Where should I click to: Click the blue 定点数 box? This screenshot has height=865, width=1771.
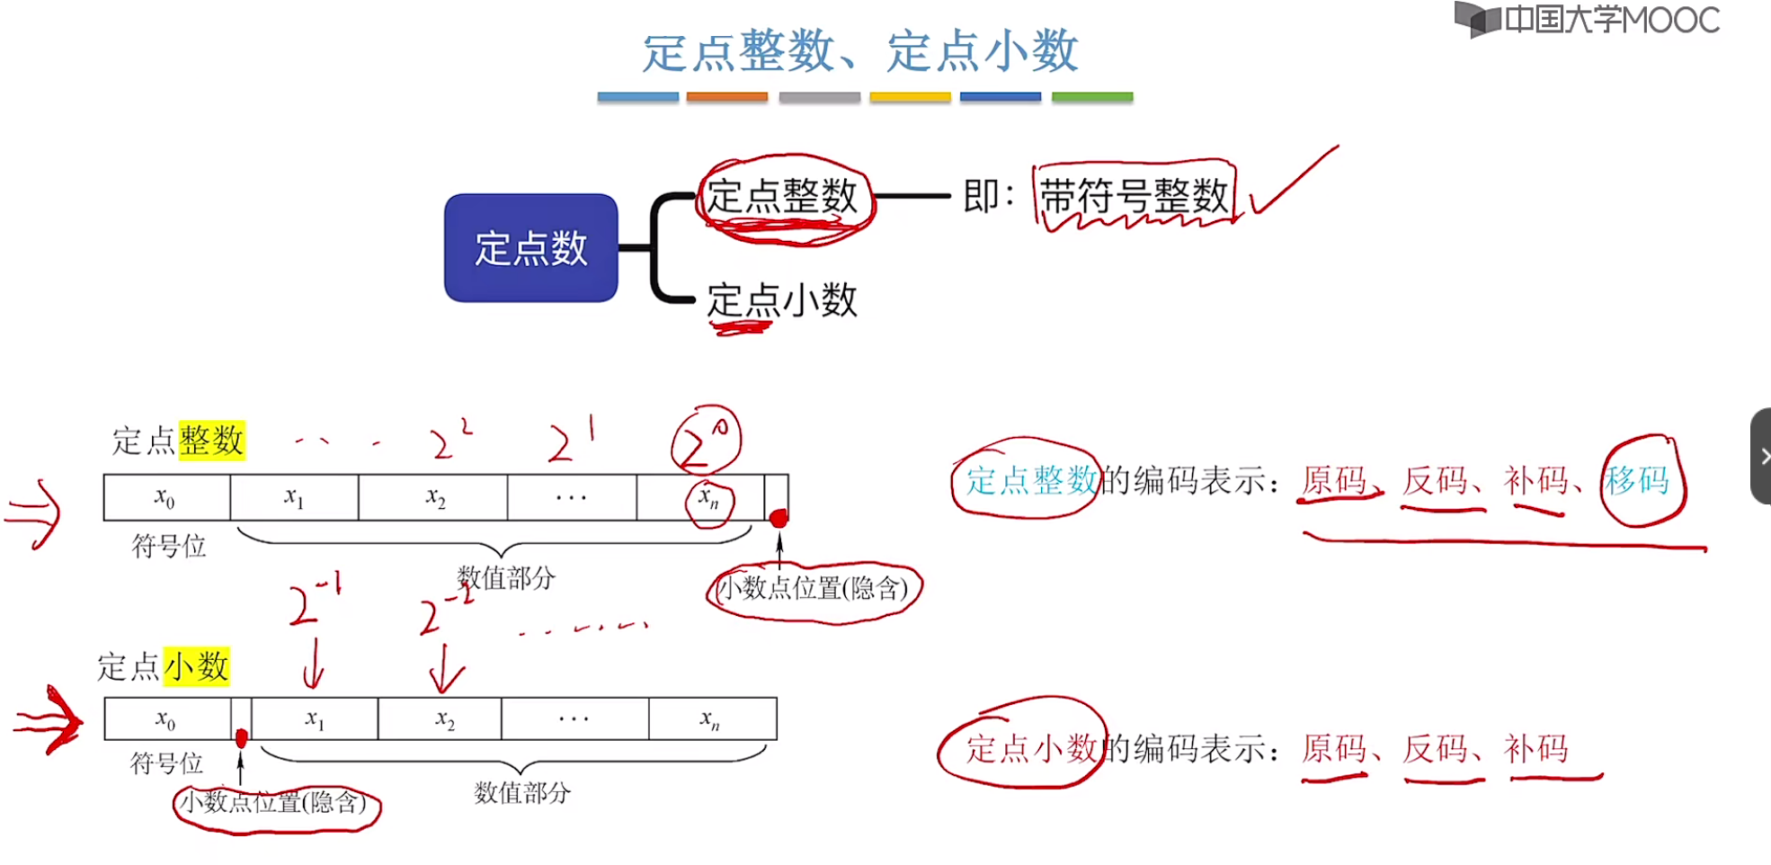click(x=530, y=248)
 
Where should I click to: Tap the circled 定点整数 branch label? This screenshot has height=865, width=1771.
click(x=782, y=197)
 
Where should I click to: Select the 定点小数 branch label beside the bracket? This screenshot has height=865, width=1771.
click(x=782, y=300)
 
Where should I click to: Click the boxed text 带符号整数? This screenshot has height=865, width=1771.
click(x=1135, y=196)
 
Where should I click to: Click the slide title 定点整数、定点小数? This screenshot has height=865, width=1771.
click(x=860, y=51)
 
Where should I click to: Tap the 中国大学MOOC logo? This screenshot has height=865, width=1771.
click(x=1587, y=20)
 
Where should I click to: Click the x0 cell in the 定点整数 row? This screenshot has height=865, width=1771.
click(x=166, y=497)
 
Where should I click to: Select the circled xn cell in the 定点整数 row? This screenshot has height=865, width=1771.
click(x=709, y=498)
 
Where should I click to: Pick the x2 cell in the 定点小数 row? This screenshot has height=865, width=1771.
click(x=445, y=719)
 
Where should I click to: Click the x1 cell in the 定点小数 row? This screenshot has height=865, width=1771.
click(x=314, y=719)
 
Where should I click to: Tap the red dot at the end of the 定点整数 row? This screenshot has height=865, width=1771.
click(x=779, y=518)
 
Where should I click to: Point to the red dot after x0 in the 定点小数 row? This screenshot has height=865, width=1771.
click(x=241, y=738)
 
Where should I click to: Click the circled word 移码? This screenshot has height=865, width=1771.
click(x=1638, y=481)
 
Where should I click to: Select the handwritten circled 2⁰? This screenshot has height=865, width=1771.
click(x=706, y=441)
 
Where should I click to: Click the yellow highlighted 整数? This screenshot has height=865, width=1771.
click(x=211, y=441)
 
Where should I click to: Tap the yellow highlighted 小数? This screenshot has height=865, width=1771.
click(x=197, y=667)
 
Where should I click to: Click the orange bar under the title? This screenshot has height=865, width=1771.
click(x=726, y=97)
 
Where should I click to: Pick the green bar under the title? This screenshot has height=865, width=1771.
click(x=1091, y=97)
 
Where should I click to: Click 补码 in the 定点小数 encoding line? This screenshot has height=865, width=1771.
click(x=1536, y=748)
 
